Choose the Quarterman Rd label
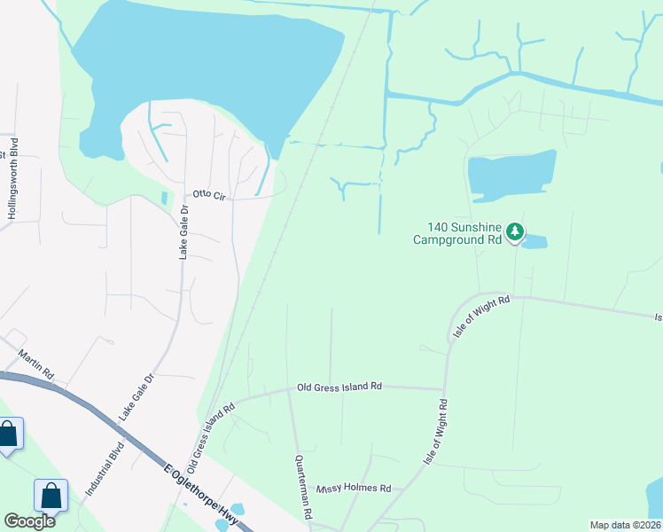[x=301, y=487]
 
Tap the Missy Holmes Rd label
[x=354, y=488]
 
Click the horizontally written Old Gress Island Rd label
[x=339, y=387]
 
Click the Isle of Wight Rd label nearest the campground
[x=481, y=316]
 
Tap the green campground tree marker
[x=515, y=233]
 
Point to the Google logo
[x=29, y=520]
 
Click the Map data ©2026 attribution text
[x=626, y=525]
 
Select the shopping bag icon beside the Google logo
[x=51, y=496]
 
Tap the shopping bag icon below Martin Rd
[x=8, y=434]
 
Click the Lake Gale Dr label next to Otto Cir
[x=184, y=231]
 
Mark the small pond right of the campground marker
[x=536, y=241]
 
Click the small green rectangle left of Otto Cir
[x=164, y=198]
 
